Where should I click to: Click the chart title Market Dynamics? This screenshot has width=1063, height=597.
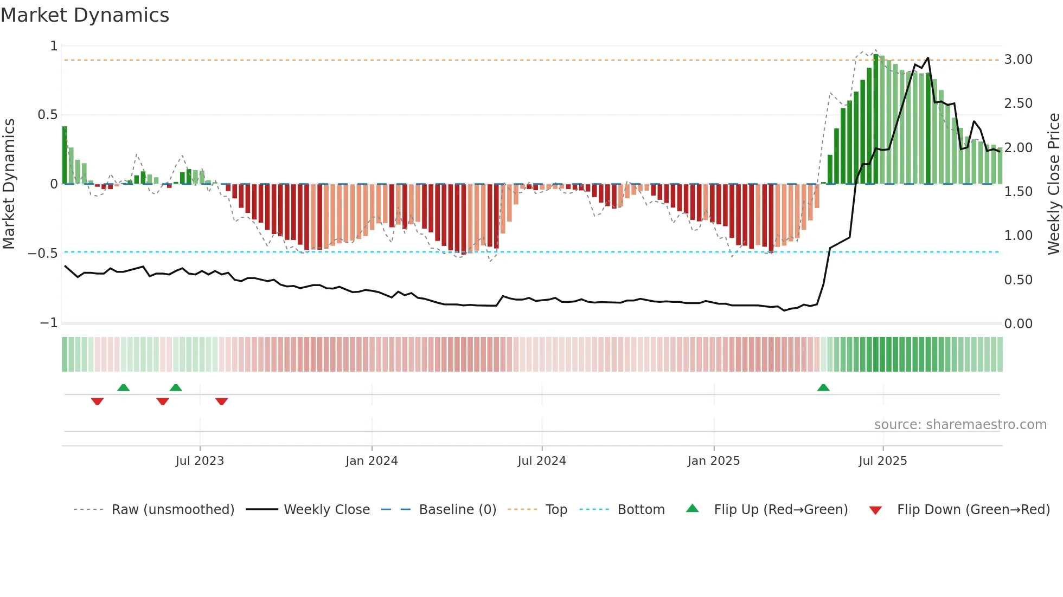[85, 15]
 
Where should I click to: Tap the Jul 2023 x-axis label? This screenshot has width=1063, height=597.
[200, 461]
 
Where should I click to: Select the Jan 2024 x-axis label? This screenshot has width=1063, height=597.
[372, 461]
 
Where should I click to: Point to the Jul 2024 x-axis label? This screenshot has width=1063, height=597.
[541, 461]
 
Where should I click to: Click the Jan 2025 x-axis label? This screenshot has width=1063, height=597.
[713, 461]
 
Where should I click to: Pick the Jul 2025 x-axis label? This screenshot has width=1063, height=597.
[882, 461]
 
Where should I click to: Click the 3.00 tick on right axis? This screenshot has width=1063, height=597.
[1018, 60]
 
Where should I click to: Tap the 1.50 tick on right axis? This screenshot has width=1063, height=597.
[1018, 192]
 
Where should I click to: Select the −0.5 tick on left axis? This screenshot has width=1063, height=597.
[42, 254]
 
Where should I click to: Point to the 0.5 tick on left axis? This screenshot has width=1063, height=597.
[47, 115]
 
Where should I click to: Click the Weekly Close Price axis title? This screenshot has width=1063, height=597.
[1053, 184]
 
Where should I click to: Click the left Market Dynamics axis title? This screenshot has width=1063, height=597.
[9, 184]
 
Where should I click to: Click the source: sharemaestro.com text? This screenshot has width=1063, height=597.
[960, 425]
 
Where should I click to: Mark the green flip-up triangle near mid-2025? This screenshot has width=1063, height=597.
[823, 388]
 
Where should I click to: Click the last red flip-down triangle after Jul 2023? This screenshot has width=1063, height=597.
[221, 401]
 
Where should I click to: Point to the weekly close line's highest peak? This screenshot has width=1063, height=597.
[928, 58]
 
